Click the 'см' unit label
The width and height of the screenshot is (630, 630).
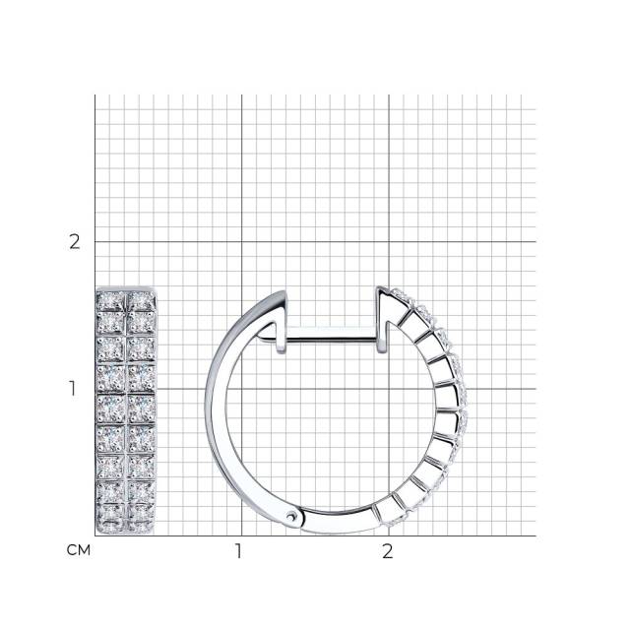click(x=79, y=550)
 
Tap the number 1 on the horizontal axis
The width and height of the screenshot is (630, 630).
click(x=238, y=551)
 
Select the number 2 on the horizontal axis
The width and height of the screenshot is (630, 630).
click(x=387, y=551)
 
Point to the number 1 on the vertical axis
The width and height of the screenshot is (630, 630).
click(x=72, y=389)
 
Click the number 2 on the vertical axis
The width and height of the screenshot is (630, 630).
click(x=75, y=242)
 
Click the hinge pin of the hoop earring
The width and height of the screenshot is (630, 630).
click(x=291, y=517)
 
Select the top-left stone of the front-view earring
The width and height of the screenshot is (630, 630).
click(x=111, y=301)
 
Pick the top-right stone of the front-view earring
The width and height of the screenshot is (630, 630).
click(x=141, y=301)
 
